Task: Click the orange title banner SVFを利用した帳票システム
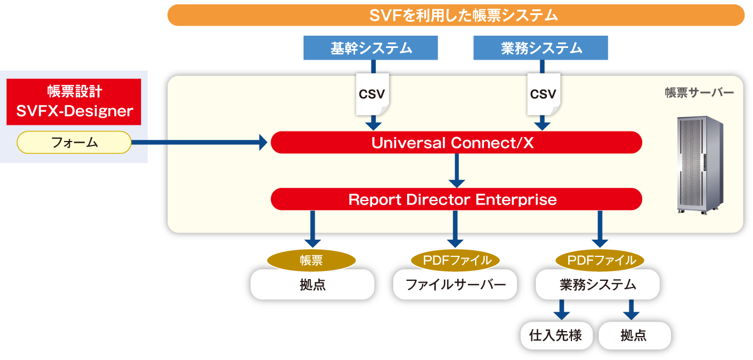click(x=456, y=15)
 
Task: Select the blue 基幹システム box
click(x=370, y=48)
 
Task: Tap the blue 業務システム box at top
click(x=541, y=48)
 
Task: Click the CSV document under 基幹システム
click(x=373, y=94)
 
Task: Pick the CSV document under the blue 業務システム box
click(x=544, y=94)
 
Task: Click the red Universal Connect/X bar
click(x=456, y=142)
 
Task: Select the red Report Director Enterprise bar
click(x=456, y=199)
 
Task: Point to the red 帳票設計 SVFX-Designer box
click(x=74, y=102)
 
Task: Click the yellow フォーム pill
click(x=74, y=142)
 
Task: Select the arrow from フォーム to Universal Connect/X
click(x=199, y=142)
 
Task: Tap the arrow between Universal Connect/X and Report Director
click(x=457, y=171)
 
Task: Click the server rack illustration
click(x=700, y=165)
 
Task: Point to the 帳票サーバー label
click(x=699, y=93)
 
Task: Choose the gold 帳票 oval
click(x=311, y=260)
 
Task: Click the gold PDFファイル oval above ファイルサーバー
click(x=455, y=260)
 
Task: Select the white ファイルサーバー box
click(x=455, y=284)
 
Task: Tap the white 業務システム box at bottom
click(x=598, y=284)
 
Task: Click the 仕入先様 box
click(x=556, y=335)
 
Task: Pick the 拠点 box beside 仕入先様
click(x=635, y=335)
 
